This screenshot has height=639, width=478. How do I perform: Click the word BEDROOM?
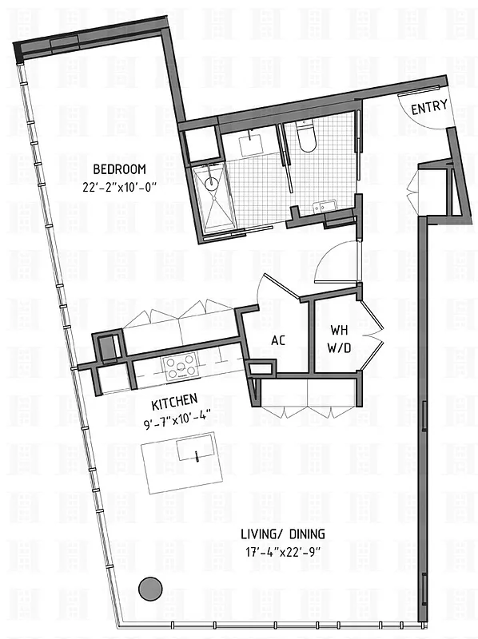click(x=119, y=169)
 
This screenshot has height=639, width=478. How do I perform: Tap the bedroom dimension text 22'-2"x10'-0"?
click(x=119, y=188)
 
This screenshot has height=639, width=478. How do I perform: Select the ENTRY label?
click(x=428, y=109)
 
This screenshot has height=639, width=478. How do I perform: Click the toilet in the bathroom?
click(x=308, y=138)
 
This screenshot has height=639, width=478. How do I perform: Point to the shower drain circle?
click(x=211, y=184)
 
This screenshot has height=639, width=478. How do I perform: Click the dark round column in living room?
click(x=148, y=589)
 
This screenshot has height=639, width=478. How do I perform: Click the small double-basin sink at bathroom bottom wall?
click(x=326, y=208)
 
